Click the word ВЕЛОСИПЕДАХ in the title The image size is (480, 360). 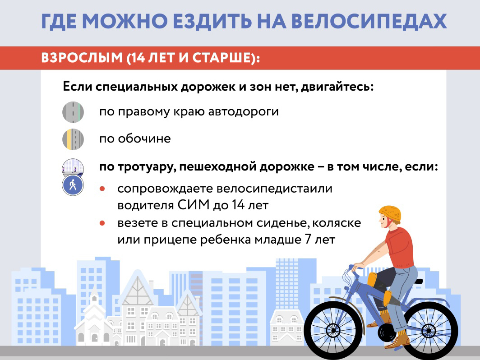coord(369,21)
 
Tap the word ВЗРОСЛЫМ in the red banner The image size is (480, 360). coord(82,58)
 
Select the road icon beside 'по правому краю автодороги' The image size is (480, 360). coord(73,112)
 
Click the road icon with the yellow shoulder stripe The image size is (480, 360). coord(73,139)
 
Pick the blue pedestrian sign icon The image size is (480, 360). coord(73,185)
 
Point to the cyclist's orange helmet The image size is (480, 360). coord(390,213)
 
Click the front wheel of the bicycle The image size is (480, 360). coord(333,330)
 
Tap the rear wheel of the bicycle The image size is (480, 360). coord(429,331)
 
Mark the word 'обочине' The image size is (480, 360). coord(144,138)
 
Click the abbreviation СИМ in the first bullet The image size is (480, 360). coord(194,205)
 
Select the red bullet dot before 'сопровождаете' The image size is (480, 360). coord(102,189)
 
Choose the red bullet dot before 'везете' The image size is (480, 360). coord(102,223)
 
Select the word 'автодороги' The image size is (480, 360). coord(243,112)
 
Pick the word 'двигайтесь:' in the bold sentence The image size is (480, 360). coord(337,87)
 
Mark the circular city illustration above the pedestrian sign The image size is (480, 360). coord(73,167)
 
